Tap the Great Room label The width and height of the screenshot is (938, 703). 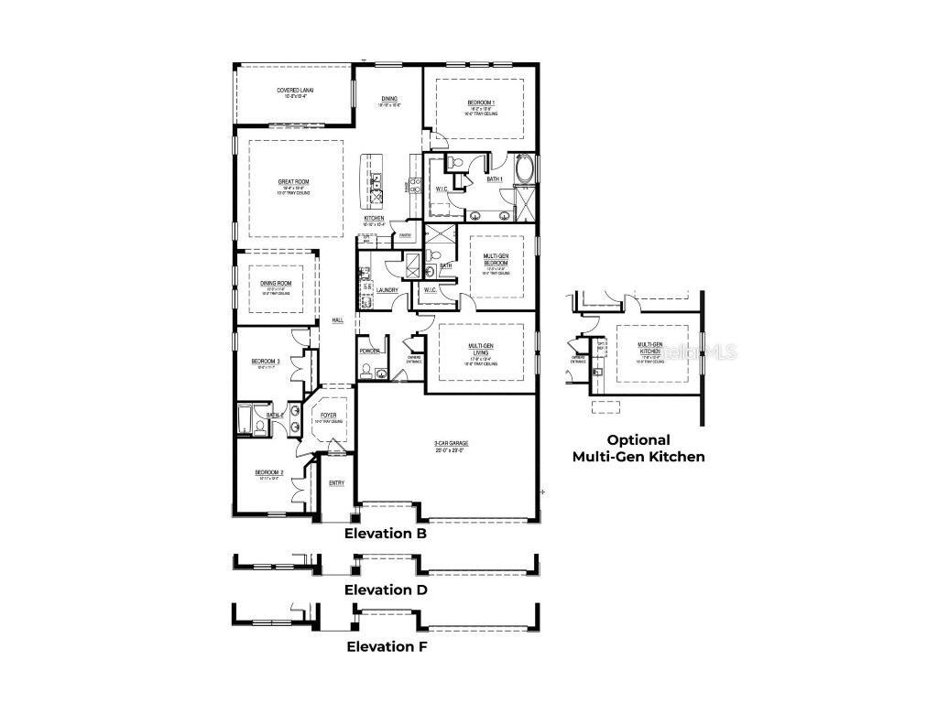click(294, 182)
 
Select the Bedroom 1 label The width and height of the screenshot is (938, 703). click(481, 102)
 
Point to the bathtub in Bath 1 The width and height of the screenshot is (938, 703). click(526, 169)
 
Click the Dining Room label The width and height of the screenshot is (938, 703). click(276, 283)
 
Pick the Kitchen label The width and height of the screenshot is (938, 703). click(374, 219)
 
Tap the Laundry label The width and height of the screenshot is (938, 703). click(386, 290)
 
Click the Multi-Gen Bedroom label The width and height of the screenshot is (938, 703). click(497, 259)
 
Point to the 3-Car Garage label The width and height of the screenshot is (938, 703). click(451, 445)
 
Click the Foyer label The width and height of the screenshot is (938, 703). click(328, 415)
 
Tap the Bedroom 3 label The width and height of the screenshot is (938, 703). click(266, 361)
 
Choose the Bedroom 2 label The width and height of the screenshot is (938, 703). click(269, 472)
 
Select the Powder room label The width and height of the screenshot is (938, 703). click(370, 351)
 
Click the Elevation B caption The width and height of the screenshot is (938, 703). click(385, 533)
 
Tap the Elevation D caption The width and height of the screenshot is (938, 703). click(386, 589)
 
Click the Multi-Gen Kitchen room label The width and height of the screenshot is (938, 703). click(650, 348)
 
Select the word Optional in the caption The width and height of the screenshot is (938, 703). click(638, 439)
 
